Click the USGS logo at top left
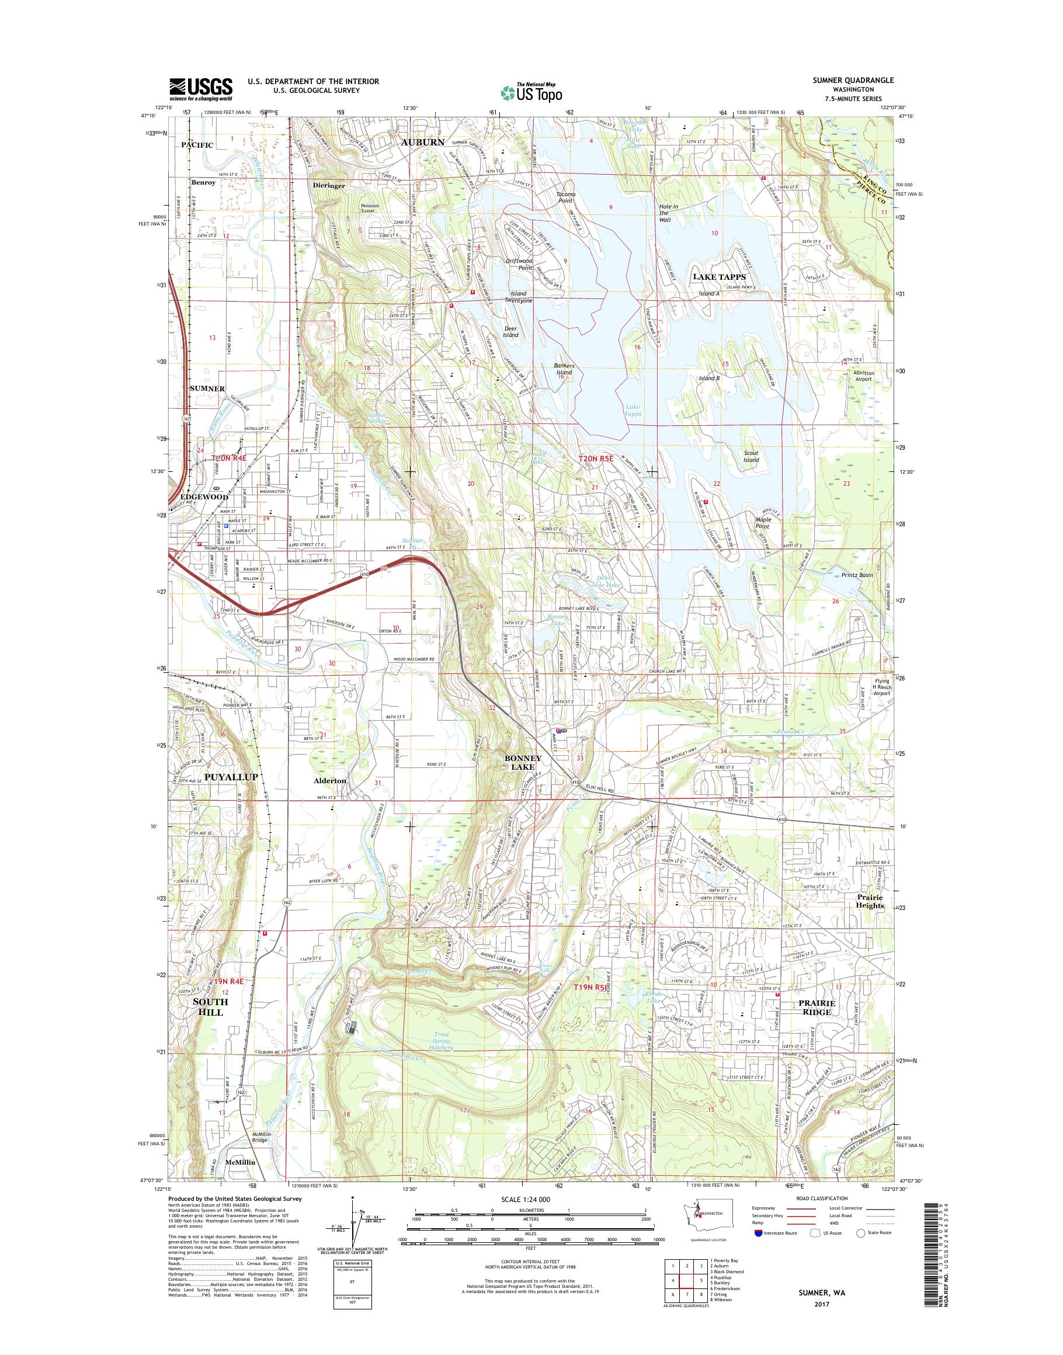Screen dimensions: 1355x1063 pyautogui.click(x=200, y=89)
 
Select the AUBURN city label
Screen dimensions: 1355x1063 pyautogui.click(x=423, y=142)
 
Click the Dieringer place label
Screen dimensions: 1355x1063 pyautogui.click(x=330, y=185)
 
